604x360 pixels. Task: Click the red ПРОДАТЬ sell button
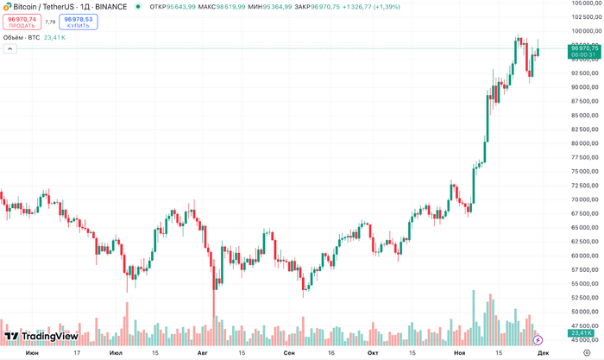[22, 22]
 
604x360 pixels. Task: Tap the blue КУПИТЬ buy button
[79, 22]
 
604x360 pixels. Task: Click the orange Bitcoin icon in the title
[7, 6]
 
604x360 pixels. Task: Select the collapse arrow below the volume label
[9, 49]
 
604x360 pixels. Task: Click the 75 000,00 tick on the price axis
[584, 172]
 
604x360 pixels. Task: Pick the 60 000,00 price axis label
[584, 256]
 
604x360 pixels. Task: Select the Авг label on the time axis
[203, 352]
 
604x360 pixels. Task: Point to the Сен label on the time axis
[288, 352]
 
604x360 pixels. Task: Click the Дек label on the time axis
[543, 352]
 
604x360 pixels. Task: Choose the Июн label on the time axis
[32, 352]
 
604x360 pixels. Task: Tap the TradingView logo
[41, 337]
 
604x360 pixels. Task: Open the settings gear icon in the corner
[586, 352]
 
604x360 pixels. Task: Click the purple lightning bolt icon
[538, 340]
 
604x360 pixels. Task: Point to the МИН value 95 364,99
[278, 7]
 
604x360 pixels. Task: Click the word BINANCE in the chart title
[111, 7]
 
